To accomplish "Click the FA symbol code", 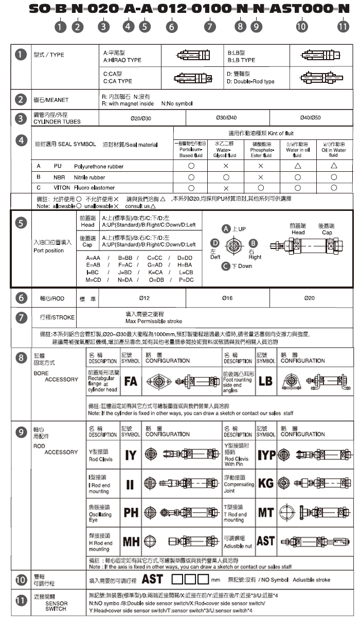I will [131, 382].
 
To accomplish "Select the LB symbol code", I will [265, 382].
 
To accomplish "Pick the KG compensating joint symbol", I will [265, 483].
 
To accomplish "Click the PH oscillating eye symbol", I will [131, 512].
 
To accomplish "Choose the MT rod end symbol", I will [265, 512].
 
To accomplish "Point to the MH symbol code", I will [131, 541].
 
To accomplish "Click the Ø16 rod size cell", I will [227, 298].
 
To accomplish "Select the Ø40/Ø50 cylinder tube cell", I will [310, 118].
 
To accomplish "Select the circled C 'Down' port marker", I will [225, 266].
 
